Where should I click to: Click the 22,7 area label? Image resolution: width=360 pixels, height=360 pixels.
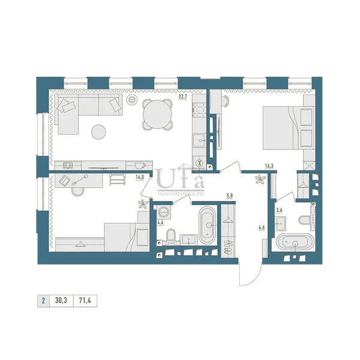tap(183, 97)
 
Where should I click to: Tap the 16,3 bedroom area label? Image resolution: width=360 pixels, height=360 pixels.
tap(269, 166)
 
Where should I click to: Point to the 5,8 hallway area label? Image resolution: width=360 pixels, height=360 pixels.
tap(230, 197)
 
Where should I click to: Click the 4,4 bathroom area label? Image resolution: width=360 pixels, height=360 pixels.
tap(160, 222)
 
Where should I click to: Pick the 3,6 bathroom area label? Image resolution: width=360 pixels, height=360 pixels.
tap(279, 210)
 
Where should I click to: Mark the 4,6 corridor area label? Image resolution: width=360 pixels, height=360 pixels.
tap(262, 228)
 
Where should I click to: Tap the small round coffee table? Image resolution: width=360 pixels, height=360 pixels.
tap(99, 132)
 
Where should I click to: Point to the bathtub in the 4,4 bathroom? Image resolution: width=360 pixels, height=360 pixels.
tap(208, 225)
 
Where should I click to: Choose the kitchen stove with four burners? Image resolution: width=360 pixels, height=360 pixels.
tap(199, 109)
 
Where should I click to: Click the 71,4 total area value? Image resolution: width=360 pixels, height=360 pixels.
tap(85, 301)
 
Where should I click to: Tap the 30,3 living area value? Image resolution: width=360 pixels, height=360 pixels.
tap(61, 301)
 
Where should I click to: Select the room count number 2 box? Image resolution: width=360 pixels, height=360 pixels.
tap(43, 301)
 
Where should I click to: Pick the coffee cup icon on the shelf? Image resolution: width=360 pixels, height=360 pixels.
tap(140, 166)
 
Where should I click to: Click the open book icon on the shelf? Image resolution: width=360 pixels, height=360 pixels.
tap(68, 166)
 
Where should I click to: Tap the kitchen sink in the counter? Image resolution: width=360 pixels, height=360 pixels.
tap(199, 140)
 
